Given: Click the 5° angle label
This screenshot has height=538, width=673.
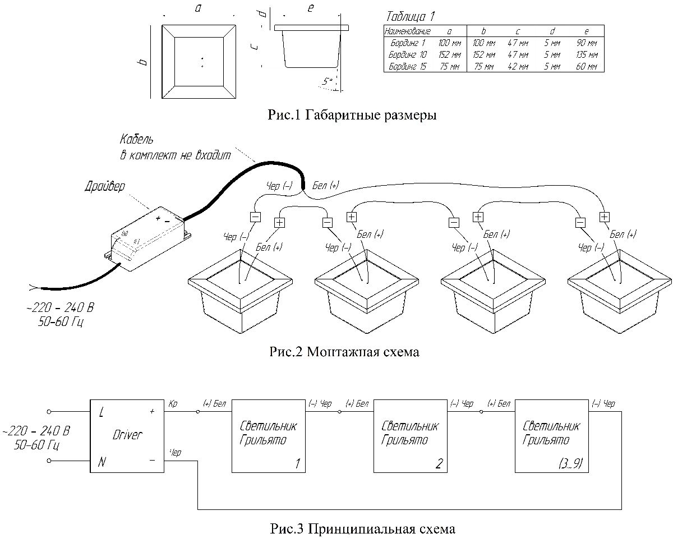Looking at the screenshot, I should tap(327, 81).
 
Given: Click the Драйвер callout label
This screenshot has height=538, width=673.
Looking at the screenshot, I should tap(104, 186).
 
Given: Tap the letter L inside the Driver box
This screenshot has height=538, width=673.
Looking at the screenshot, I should tap(102, 413).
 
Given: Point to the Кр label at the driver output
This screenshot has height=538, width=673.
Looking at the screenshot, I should tap(173, 404).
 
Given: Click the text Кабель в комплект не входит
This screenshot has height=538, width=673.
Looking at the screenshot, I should tap(174, 148).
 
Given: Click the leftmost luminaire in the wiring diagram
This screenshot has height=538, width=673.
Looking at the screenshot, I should tap(241, 295).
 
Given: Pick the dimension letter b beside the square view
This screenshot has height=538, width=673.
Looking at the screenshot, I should tap(144, 61).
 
